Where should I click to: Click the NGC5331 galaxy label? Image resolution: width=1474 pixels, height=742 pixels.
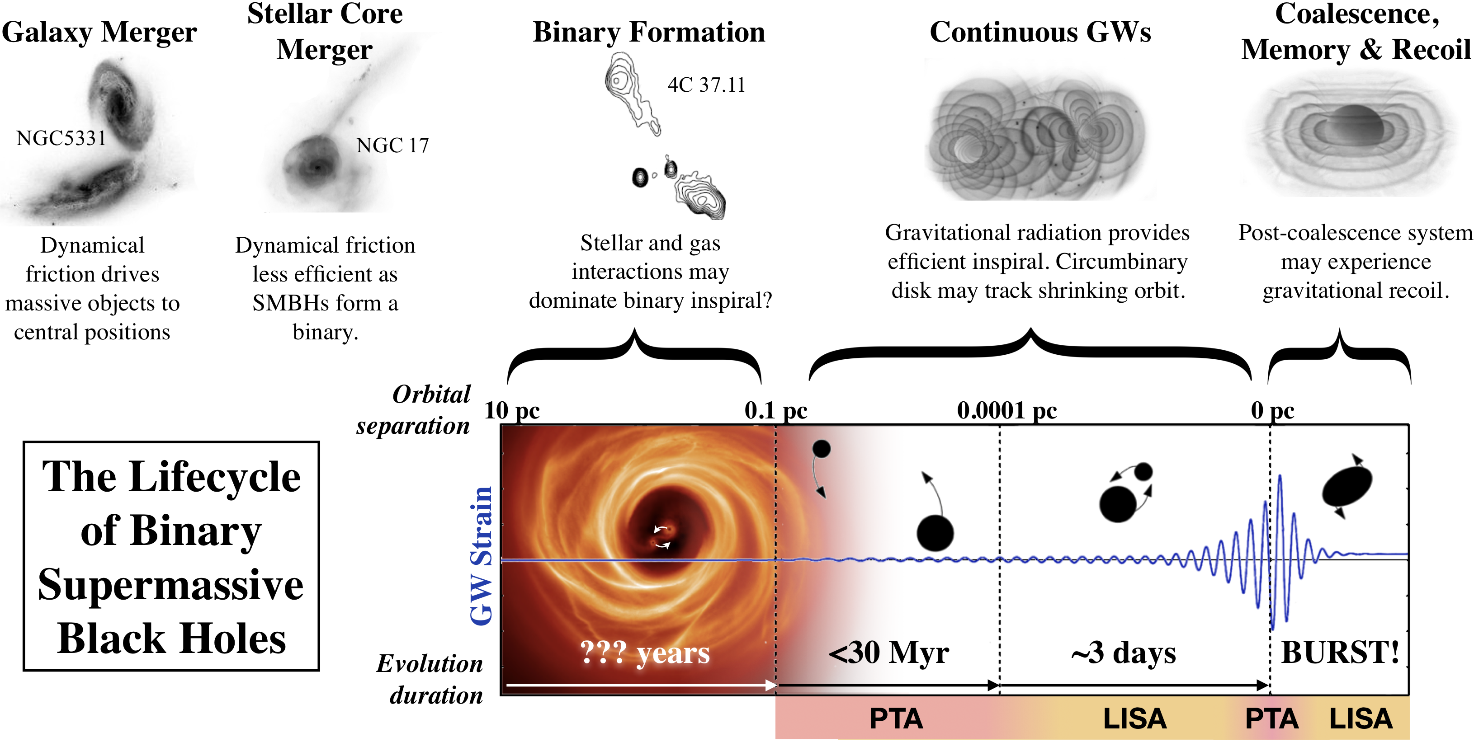(x=61, y=138)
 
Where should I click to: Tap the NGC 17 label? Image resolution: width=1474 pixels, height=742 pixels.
(x=392, y=146)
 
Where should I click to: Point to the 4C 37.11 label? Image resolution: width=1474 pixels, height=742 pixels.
(x=706, y=85)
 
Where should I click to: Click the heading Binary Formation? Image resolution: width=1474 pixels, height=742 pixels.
(x=648, y=33)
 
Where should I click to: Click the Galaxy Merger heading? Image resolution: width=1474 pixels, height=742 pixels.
(x=99, y=33)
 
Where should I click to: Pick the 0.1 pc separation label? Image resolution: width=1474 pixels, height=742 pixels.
(x=775, y=410)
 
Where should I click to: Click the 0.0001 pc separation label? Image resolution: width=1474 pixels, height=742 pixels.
(x=1006, y=410)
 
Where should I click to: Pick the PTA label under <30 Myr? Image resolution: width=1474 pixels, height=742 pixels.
(x=896, y=719)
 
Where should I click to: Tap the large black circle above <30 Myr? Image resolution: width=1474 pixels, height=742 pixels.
(x=935, y=533)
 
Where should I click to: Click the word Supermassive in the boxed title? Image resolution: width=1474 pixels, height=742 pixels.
(x=170, y=585)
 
